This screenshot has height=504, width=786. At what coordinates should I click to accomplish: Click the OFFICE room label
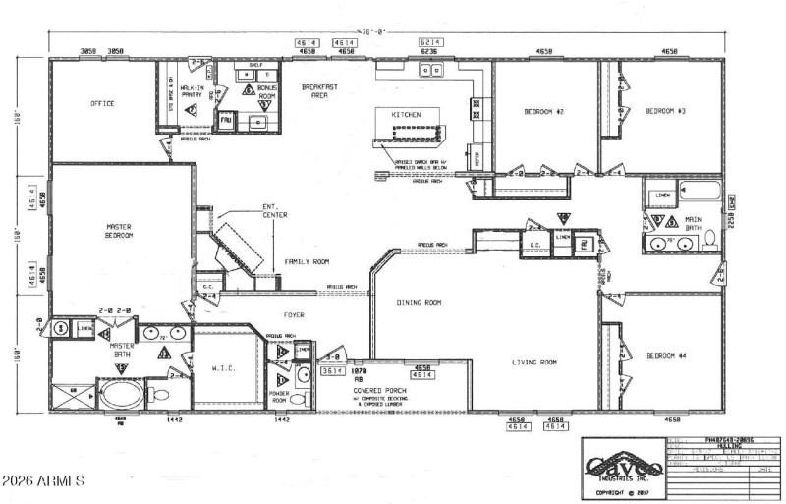coord(102,103)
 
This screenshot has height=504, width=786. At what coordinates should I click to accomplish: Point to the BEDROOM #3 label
coord(664,112)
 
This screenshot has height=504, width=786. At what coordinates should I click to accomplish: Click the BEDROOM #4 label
coord(665,355)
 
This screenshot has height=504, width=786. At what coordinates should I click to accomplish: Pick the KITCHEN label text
coord(406,115)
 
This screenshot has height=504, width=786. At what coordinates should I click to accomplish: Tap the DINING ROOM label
coord(420,303)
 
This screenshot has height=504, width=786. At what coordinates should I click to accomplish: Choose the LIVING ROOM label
coord(534,363)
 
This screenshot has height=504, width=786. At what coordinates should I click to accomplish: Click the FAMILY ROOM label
coord(307,262)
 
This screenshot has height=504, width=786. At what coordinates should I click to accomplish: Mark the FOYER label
coord(295,315)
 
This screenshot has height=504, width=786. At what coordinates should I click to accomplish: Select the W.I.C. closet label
coord(223,369)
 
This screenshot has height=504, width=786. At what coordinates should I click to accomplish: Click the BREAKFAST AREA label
coord(319,91)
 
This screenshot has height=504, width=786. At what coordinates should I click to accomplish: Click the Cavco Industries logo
coord(622,466)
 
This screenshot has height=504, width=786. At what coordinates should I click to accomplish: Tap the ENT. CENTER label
coord(274,209)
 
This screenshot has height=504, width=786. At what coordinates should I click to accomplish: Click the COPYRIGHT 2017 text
coord(622,491)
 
